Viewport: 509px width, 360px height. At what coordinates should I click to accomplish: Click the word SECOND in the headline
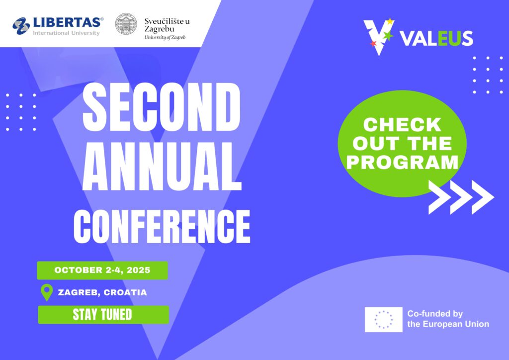162,107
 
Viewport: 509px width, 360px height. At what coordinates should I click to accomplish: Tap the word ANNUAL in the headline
162,166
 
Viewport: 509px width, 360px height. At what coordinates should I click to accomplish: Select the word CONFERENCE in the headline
162,226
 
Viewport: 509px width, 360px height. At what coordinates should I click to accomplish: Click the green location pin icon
47,292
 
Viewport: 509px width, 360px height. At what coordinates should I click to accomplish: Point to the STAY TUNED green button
103,315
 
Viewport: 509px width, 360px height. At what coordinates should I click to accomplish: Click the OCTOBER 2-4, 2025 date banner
102,270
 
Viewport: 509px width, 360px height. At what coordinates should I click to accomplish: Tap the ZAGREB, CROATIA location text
102,292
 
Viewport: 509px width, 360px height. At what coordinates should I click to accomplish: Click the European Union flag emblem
383,319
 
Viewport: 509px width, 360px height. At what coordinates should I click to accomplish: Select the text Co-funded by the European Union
448,319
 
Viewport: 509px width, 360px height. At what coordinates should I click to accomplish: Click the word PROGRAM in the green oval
402,162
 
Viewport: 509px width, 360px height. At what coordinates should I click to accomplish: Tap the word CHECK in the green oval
402,125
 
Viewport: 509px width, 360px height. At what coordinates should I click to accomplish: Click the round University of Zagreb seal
126,24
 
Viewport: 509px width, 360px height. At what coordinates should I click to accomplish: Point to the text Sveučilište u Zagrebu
167,25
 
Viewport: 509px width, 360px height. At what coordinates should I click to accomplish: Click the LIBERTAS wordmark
68,22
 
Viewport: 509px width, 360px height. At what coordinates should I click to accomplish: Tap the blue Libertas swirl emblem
21,26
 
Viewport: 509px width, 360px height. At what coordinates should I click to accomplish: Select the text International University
66,33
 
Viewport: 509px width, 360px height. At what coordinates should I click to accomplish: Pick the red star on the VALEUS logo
373,43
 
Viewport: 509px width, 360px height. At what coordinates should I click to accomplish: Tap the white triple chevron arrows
461,197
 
